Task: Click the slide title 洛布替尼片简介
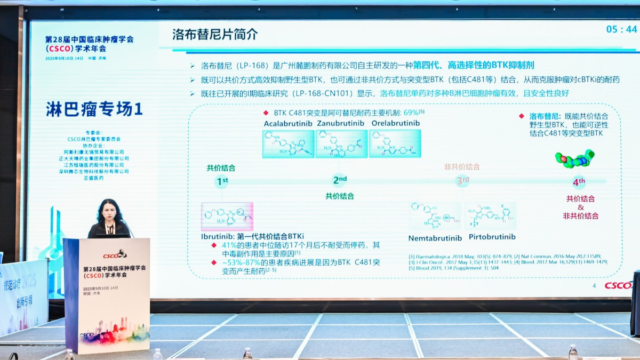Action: click(215, 35)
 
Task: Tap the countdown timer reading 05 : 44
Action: click(621, 29)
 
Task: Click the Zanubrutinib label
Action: click(341, 123)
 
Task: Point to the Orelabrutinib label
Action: click(395, 123)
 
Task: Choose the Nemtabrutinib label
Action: click(434, 237)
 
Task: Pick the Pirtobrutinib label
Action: click(492, 237)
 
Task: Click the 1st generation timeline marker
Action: click(222, 181)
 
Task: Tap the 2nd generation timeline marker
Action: click(340, 180)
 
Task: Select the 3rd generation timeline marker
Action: click(462, 181)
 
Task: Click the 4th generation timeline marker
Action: click(579, 182)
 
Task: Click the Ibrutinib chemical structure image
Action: click(227, 217)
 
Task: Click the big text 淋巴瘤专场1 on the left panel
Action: click(94, 109)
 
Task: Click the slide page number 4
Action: click(594, 285)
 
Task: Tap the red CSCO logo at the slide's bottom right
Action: click(618, 285)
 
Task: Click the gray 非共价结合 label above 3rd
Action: click(462, 167)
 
